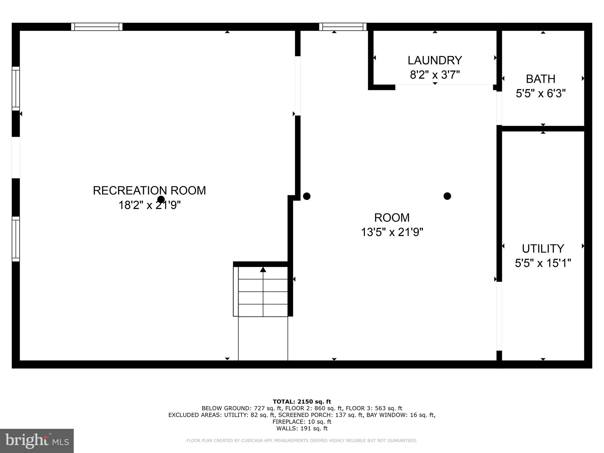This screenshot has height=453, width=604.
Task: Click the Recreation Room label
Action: pyautogui.click(x=149, y=191)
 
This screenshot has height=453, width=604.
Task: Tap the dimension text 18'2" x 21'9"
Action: pyautogui.click(x=149, y=205)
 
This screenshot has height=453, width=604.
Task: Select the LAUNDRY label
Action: pyautogui.click(x=435, y=60)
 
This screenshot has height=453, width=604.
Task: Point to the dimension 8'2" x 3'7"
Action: pyautogui.click(x=435, y=75)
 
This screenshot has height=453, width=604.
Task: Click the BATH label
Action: pyautogui.click(x=541, y=79)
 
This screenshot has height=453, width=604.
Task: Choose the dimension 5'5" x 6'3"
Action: pyautogui.click(x=541, y=94)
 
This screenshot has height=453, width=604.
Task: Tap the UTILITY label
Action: pyautogui.click(x=543, y=249)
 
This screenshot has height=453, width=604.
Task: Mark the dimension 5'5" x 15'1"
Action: pyautogui.click(x=543, y=263)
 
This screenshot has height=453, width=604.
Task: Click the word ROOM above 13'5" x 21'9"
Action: pyautogui.click(x=392, y=218)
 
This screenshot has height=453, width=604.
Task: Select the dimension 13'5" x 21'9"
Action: pyautogui.click(x=392, y=232)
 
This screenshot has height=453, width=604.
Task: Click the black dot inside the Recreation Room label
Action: pyautogui.click(x=161, y=199)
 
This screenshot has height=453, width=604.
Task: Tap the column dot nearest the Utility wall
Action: pyautogui.click(x=447, y=196)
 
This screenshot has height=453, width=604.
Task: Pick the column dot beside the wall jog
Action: pyautogui.click(x=307, y=196)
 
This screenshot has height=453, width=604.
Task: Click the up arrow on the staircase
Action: pyautogui.click(x=263, y=269)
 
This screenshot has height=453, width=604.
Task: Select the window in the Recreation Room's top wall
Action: pyautogui.click(x=97, y=27)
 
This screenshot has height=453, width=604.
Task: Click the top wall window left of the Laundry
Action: pyautogui.click(x=343, y=27)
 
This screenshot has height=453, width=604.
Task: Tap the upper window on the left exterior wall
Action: pyautogui.click(x=16, y=88)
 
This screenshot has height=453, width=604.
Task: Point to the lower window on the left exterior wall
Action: pyautogui.click(x=16, y=239)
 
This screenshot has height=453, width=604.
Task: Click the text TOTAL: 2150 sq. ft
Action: pyautogui.click(x=302, y=401)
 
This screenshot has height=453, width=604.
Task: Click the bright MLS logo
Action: pyautogui.click(x=37, y=441)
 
